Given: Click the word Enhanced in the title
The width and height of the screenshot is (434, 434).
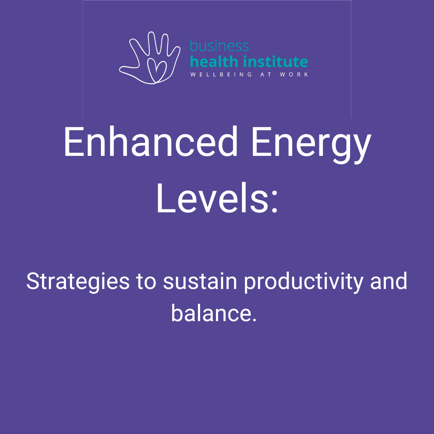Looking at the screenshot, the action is click(150, 141).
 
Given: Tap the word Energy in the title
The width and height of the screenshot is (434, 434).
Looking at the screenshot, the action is click(311, 145).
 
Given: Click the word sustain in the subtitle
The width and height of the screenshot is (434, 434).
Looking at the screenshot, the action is click(200, 281).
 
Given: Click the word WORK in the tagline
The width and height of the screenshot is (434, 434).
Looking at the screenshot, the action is click(294, 75).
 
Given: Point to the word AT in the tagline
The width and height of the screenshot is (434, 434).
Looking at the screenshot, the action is click(266, 75).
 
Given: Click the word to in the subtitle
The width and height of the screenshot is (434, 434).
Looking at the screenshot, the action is click(146, 281).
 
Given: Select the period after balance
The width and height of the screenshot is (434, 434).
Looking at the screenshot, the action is click(254, 320).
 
